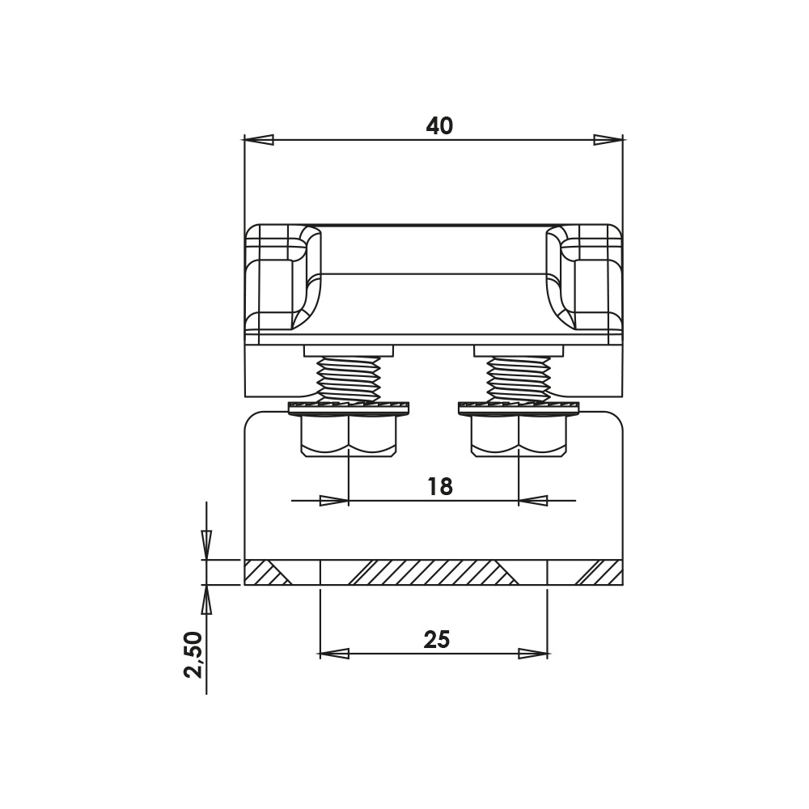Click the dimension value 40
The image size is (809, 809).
pos(439,126)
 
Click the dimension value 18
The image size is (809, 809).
pos(439,486)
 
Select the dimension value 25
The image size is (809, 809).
pos(436,640)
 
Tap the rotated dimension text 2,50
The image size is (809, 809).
pos(193,654)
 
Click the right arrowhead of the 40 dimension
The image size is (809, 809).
pos(608,140)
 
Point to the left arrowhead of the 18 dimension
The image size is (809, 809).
pos(333,501)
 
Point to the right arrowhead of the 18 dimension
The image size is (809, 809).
pos(532,501)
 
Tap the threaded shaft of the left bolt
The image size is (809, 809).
pos(349,379)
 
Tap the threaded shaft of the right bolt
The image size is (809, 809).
pos(519,379)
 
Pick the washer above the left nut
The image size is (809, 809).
pos(349,407)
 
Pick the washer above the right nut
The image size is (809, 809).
pos(519,407)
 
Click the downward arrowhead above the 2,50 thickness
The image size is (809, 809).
pos(206,541)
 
